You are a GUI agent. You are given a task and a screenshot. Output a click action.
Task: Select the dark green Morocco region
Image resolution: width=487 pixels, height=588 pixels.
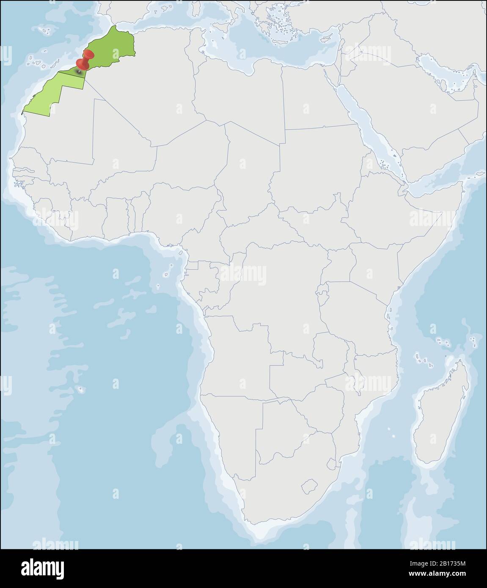112,49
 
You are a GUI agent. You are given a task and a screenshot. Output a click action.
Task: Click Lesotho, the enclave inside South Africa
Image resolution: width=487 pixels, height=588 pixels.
310,486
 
